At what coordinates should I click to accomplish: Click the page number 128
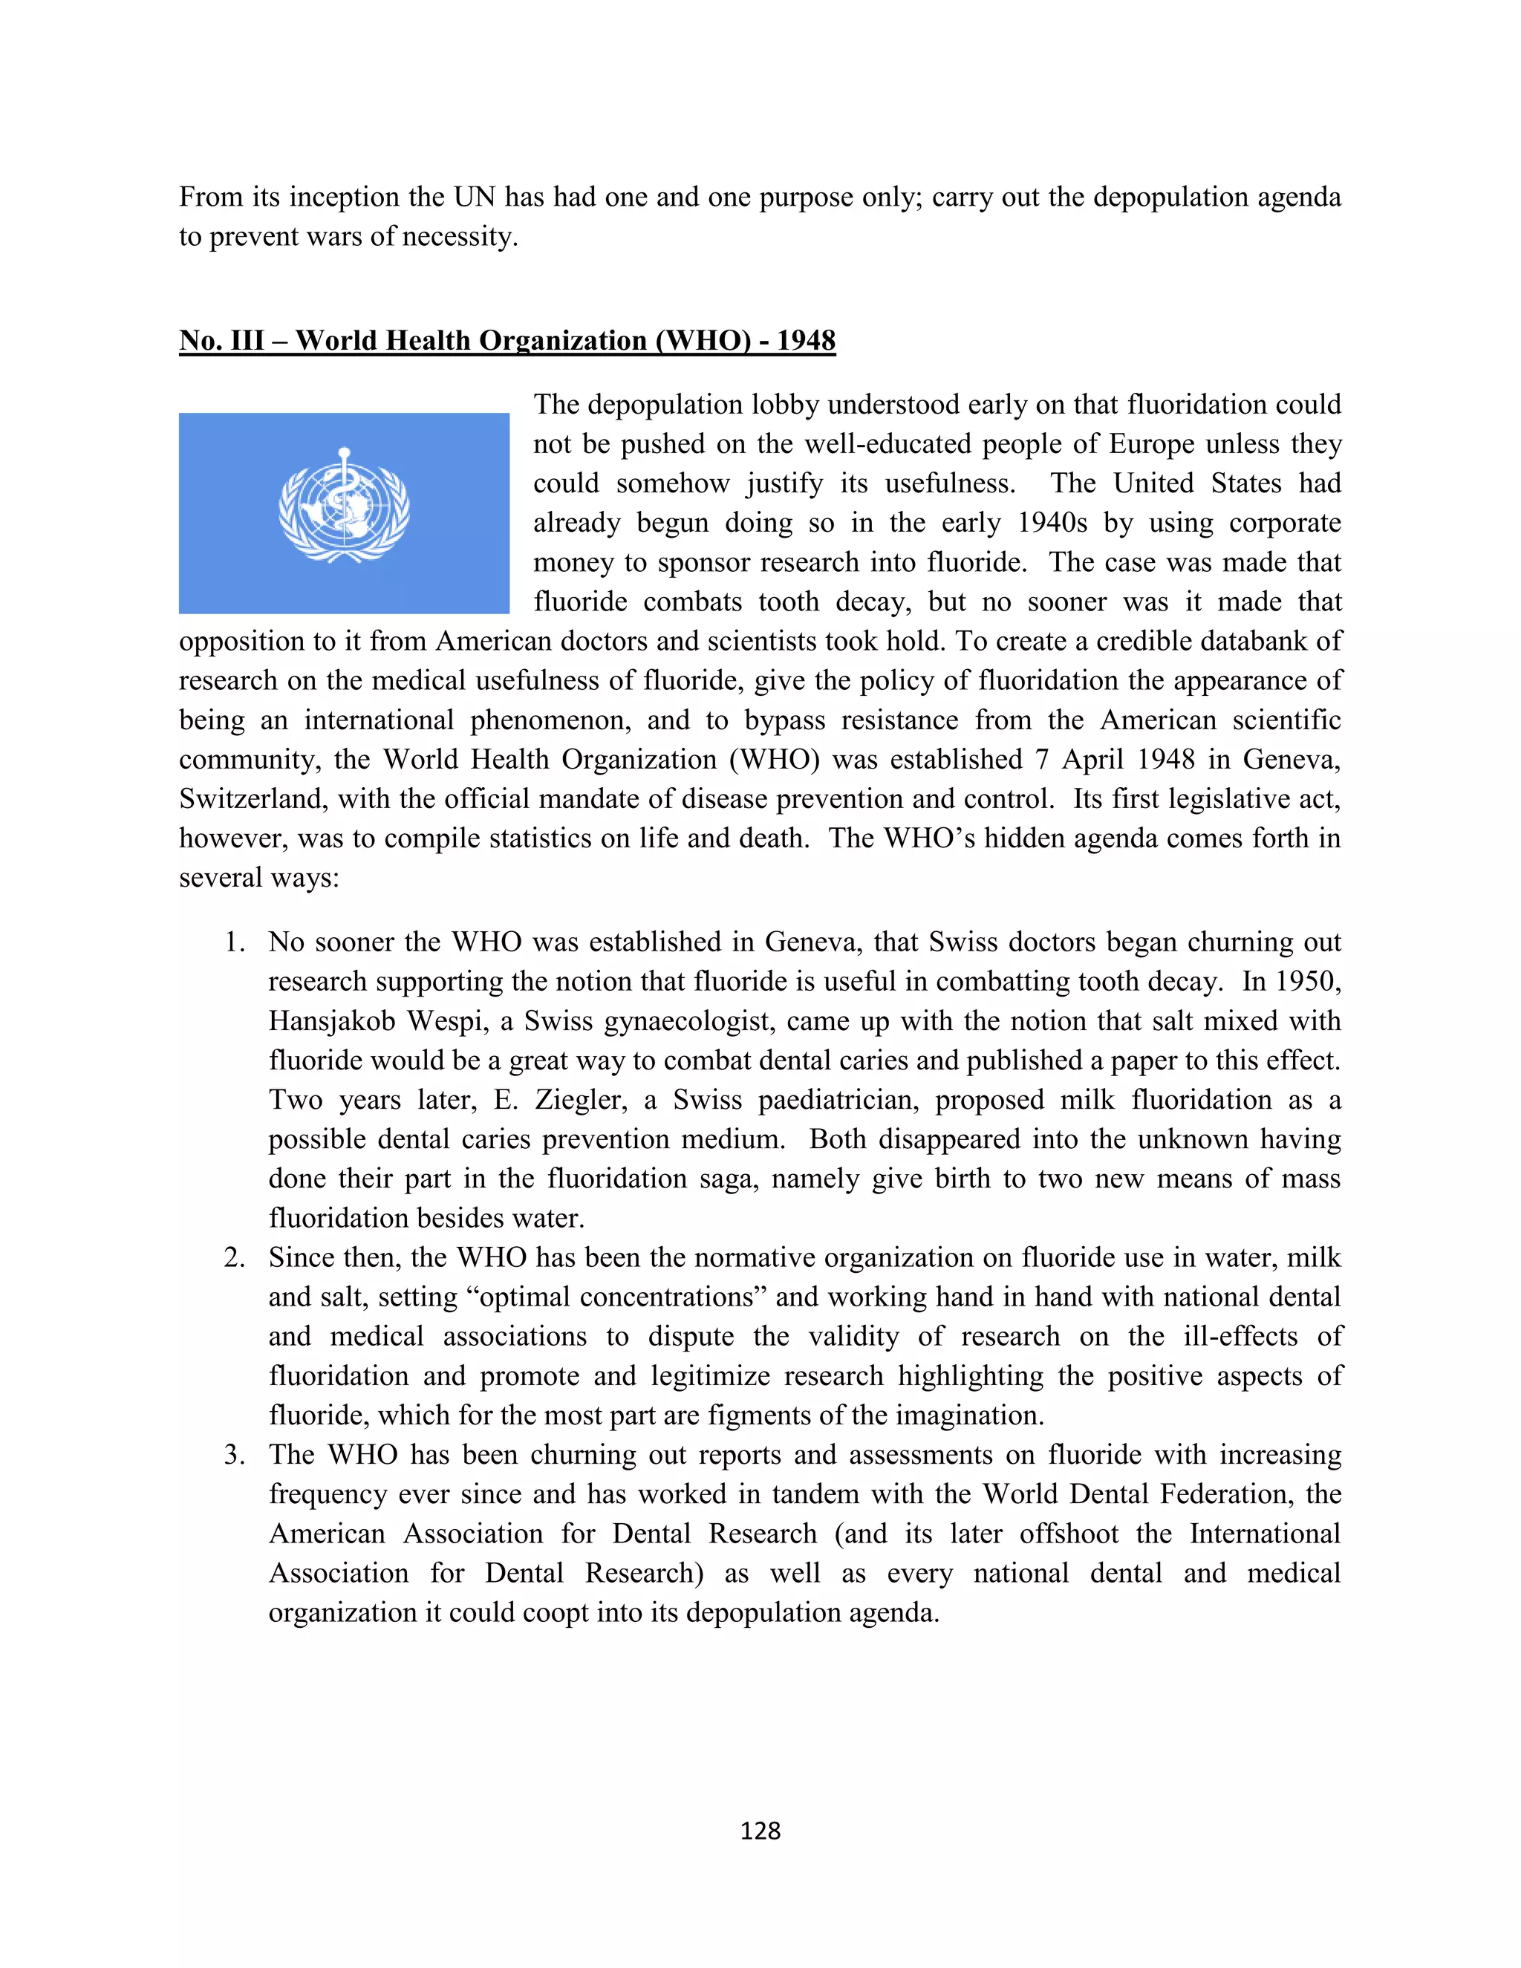pyautogui.click(x=760, y=1830)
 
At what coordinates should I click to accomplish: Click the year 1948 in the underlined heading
pyautogui.click(x=806, y=341)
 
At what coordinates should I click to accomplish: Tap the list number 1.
pyautogui.click(x=234, y=942)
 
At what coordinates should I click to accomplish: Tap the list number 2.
pyautogui.click(x=234, y=1257)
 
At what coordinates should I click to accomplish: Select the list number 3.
pyautogui.click(x=234, y=1454)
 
